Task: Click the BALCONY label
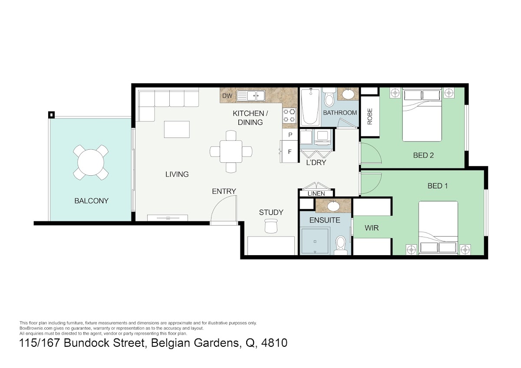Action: (92, 201)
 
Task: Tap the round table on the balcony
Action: (91, 162)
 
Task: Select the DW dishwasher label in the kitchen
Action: (227, 96)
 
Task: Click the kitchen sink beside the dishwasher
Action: (251, 96)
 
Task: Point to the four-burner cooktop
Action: (289, 116)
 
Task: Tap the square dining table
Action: (231, 151)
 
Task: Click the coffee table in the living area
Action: (177, 129)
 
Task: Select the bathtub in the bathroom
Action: (310, 106)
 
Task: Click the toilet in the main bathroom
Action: (330, 97)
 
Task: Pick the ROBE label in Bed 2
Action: (369, 116)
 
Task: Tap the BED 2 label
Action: (423, 155)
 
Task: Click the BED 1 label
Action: (438, 186)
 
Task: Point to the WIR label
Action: (372, 228)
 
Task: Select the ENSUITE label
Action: (325, 220)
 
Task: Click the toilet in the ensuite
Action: (341, 245)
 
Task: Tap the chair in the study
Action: (271, 226)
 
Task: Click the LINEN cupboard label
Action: (317, 194)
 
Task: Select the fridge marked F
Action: (289, 152)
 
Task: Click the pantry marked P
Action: (290, 135)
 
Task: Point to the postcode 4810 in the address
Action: (274, 343)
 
